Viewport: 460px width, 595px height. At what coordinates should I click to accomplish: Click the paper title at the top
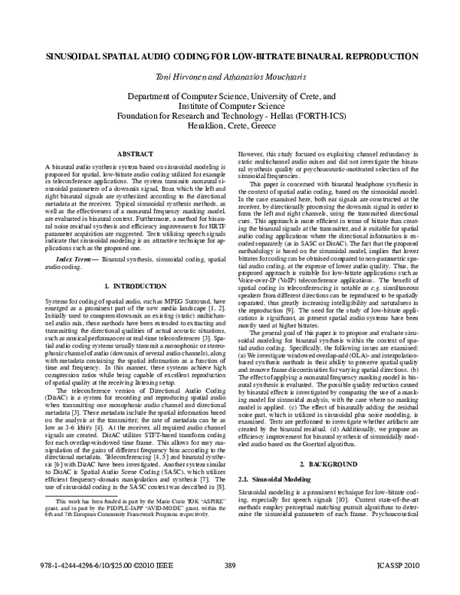(x=230, y=58)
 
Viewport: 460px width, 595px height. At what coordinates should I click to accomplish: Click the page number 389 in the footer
(x=230, y=587)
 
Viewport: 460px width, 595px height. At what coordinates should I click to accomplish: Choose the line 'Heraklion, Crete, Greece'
(x=230, y=130)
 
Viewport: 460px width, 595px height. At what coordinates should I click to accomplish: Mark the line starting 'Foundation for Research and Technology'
(x=230, y=119)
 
